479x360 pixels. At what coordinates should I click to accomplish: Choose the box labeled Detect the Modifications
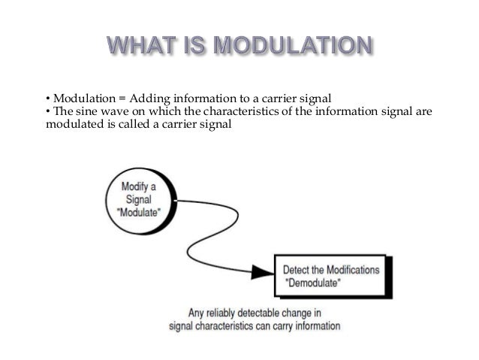coord(330,276)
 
